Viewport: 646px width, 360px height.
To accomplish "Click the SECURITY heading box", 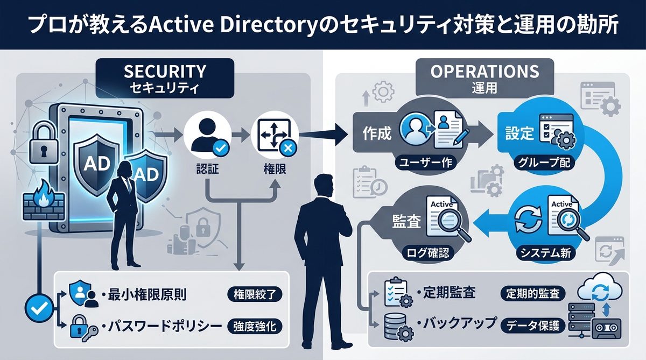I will point(165,77).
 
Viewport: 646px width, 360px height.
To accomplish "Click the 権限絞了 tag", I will point(255,294).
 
